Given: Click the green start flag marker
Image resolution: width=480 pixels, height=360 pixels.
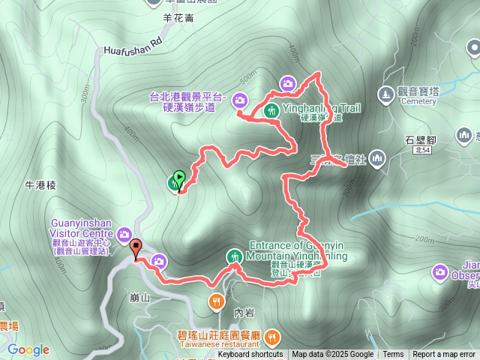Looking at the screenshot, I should (x=178, y=180).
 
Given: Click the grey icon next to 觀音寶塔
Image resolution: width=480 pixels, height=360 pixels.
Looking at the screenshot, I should (x=385, y=94).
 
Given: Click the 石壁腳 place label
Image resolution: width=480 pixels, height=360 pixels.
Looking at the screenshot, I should (x=420, y=139).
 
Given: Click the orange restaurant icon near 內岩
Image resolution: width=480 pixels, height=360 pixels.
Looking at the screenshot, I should (x=216, y=301).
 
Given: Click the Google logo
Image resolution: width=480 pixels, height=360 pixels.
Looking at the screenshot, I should (x=28, y=349).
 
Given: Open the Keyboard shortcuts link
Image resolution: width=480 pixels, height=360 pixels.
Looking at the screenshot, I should (x=250, y=355).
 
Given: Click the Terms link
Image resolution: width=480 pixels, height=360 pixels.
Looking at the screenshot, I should (x=393, y=355).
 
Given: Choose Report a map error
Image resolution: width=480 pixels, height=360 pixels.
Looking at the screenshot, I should (x=444, y=355).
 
